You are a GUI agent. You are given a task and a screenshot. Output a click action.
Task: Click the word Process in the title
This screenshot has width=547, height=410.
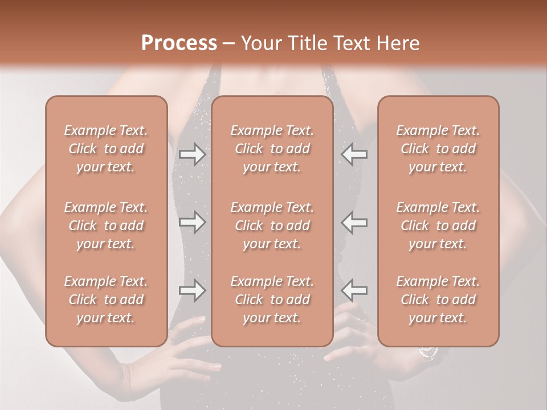pos(179,43)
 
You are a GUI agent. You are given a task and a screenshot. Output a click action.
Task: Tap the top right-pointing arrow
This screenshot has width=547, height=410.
pos(192,154)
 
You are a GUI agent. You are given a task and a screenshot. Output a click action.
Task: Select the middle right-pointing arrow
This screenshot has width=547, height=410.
pos(192,222)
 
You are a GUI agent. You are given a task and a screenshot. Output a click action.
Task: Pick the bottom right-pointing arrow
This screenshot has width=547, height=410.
pos(192,290)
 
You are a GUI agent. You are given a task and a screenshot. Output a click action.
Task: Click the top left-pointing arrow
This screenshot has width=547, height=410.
pos(354,154)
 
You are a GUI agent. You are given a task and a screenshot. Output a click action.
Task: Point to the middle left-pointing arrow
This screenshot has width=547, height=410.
pos(354,222)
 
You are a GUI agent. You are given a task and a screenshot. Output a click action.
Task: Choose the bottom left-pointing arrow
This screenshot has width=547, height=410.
pos(354,290)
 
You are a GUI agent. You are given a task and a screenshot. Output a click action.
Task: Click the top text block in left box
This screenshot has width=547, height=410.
pos(106,149)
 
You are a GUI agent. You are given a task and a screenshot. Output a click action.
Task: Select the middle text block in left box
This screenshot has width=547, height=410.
pos(106,225)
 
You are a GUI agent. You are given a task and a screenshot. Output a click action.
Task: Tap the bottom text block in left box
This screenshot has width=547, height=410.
pos(106,300)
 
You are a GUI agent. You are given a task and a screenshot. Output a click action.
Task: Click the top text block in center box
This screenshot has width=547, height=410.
pos(272,149)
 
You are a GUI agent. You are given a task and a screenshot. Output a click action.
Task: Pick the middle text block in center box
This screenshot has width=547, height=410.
pos(272,225)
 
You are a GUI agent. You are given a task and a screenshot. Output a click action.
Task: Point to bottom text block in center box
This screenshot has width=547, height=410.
pos(272,300)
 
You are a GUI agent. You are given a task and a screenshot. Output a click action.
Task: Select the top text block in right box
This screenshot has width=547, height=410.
pos(438,149)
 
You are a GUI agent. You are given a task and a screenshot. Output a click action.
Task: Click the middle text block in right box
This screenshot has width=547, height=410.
pos(438,225)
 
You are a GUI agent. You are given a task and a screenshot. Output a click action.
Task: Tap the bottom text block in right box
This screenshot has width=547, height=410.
pos(438,300)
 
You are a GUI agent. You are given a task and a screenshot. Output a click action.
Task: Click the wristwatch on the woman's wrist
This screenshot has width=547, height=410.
pos(427,353)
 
